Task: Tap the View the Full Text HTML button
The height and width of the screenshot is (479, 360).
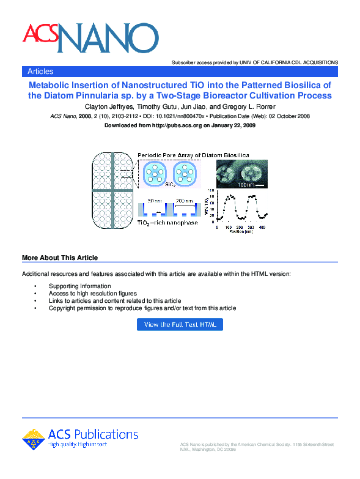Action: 180,325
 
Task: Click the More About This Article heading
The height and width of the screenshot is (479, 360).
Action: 60,258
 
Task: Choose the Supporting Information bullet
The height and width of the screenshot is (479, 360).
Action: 79,286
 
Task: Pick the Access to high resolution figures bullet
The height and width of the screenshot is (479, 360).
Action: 92,294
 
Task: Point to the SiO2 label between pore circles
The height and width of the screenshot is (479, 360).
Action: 171,191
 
